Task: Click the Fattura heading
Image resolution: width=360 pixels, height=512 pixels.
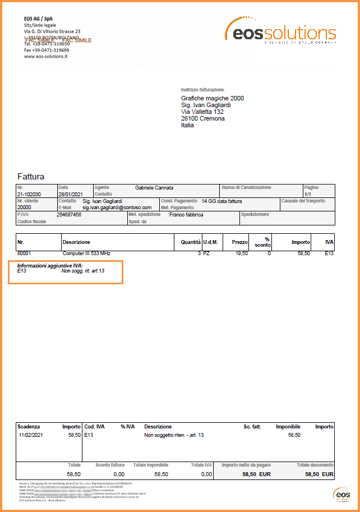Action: (x=31, y=176)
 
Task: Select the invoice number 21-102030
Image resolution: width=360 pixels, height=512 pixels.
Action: (x=29, y=194)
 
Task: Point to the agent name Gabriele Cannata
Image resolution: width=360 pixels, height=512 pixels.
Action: (x=154, y=187)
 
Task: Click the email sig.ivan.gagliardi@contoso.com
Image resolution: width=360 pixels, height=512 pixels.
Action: (x=117, y=207)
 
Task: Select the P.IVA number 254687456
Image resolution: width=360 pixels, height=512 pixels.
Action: (x=69, y=214)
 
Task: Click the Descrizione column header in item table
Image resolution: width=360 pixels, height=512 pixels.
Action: (x=76, y=242)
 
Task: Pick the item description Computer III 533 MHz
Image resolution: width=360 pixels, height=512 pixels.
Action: (x=86, y=254)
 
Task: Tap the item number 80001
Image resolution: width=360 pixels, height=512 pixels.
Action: (x=25, y=254)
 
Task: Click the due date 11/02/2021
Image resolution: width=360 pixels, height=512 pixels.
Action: (x=31, y=435)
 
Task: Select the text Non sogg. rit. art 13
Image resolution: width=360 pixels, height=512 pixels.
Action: (x=83, y=271)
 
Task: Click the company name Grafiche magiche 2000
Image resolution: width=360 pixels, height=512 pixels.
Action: (x=212, y=98)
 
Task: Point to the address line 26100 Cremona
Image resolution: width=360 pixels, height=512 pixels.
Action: (x=202, y=118)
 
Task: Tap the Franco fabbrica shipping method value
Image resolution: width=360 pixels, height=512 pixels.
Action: (x=186, y=214)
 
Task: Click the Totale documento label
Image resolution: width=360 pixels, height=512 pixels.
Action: (x=315, y=465)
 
